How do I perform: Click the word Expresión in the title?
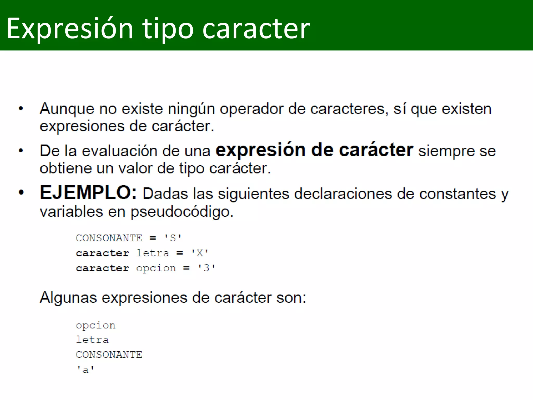[70, 29]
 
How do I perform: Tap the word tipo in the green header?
[168, 29]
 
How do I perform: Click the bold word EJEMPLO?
[88, 193]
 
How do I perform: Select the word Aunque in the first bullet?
[67, 109]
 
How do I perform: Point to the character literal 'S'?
[173, 238]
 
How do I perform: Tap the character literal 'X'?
[200, 253]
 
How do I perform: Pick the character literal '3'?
[206, 268]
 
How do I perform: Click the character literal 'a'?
[85, 370]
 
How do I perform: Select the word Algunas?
[68, 298]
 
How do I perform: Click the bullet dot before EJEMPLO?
[21, 193]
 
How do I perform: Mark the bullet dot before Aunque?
[21, 109]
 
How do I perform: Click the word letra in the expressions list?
[92, 340]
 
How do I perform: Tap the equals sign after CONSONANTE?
[153, 238]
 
